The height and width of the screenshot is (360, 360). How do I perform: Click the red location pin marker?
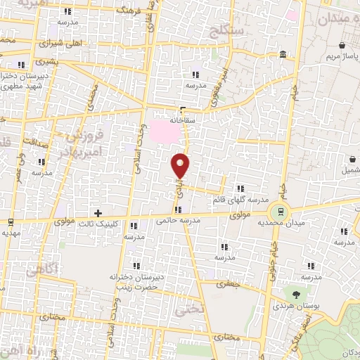(x=181, y=165)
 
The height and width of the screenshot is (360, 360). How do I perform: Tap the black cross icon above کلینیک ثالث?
(x=98, y=212)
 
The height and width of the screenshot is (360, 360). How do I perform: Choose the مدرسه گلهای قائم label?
(x=241, y=200)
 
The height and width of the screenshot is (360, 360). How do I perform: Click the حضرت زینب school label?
(x=131, y=286)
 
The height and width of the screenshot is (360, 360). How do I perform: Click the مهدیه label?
(x=8, y=232)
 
